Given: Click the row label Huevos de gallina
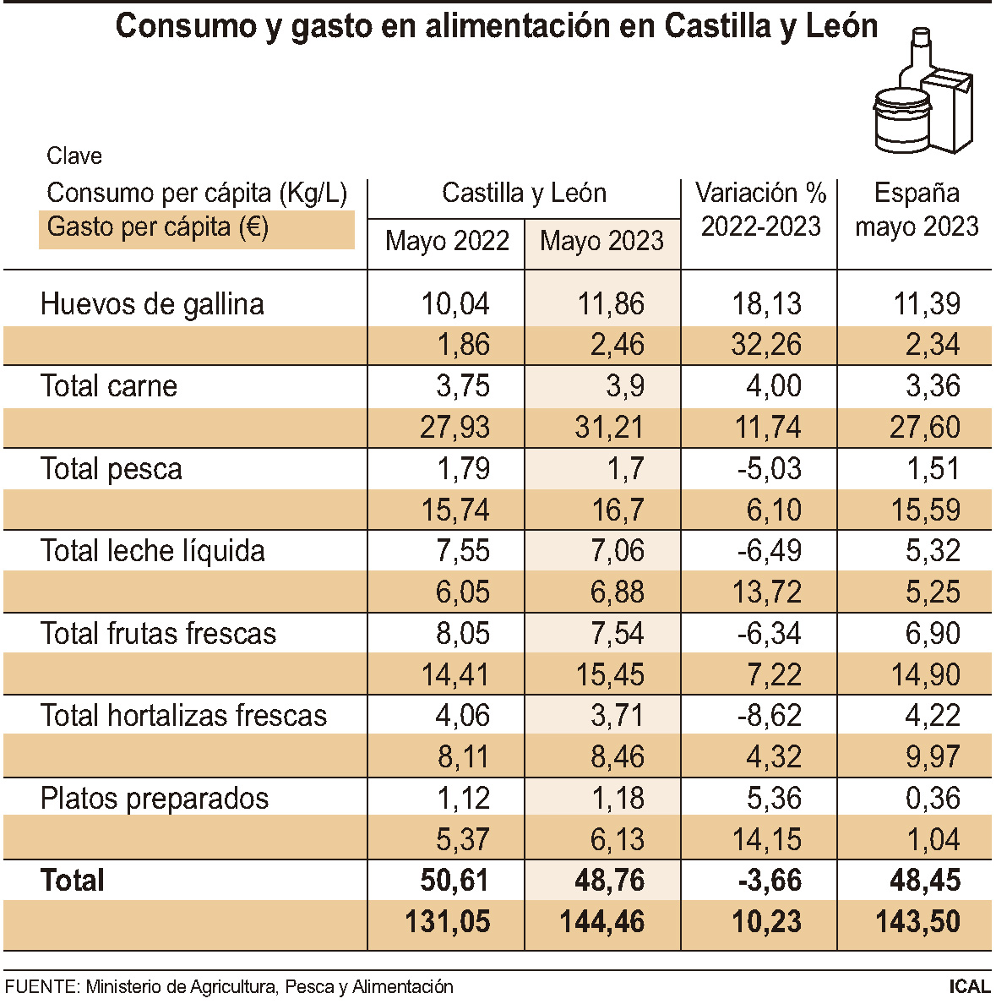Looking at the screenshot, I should (152, 304).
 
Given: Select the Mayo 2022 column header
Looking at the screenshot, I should (447, 242).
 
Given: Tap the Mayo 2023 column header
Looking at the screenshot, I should (601, 242).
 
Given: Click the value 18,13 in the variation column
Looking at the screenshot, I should (767, 304).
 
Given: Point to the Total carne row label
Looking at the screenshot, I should (109, 386).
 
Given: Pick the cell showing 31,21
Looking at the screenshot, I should (609, 428).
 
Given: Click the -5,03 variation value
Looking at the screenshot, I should (769, 469).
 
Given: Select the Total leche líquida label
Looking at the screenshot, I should (153, 551).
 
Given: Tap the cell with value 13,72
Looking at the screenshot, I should (767, 592).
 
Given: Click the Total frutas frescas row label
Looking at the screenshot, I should (158, 634).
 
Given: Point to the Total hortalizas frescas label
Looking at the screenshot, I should (183, 716).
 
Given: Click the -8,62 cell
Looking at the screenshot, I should (769, 716).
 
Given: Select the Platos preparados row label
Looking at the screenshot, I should (155, 799).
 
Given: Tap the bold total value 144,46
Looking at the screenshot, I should (602, 922).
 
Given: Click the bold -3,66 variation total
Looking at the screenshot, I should (769, 881).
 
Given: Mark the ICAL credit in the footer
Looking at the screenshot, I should (969, 986).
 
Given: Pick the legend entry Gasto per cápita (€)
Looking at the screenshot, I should (158, 227).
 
